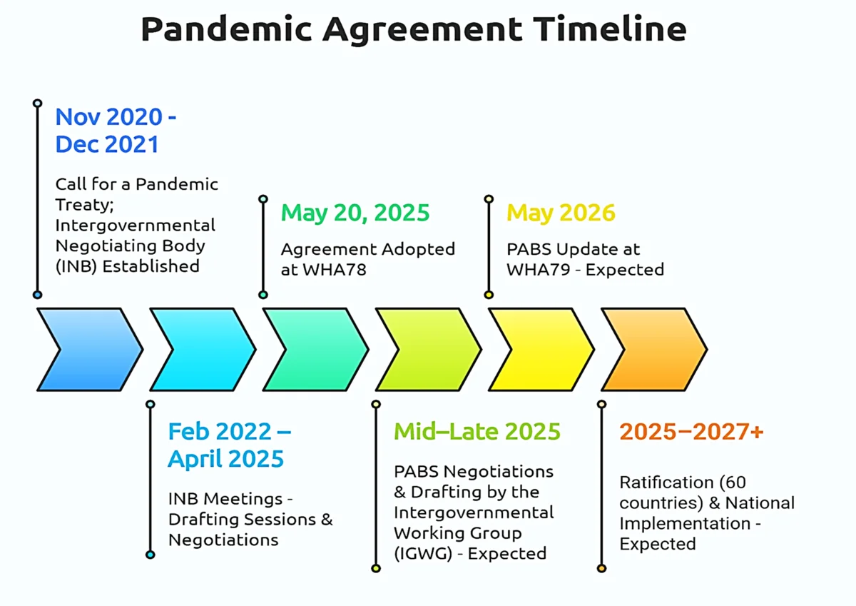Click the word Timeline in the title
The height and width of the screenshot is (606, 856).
[610, 29]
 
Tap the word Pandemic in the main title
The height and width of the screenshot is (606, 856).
[226, 29]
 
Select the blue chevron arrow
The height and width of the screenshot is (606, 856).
[90, 350]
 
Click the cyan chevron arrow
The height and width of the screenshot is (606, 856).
[203, 350]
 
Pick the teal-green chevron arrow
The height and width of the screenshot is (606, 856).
[315, 350]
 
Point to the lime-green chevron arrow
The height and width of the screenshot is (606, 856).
[429, 350]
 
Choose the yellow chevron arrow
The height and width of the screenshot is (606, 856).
[541, 350]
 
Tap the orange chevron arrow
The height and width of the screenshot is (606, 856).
[654, 350]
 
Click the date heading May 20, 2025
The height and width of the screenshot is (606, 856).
[355, 213]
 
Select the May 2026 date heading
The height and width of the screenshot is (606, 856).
[561, 213]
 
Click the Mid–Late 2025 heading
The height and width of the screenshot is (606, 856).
[477, 431]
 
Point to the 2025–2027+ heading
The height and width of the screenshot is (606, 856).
[692, 431]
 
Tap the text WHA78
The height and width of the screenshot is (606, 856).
[335, 270]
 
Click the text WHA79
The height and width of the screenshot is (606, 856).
[539, 270]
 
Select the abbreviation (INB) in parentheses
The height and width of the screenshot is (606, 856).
[76, 266]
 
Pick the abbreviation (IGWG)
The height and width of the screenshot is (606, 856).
[423, 554]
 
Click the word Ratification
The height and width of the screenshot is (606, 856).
[666, 482]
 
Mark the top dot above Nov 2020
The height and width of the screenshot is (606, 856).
[37, 103]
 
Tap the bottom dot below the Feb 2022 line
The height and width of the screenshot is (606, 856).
[151, 555]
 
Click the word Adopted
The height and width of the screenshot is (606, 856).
[419, 249]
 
